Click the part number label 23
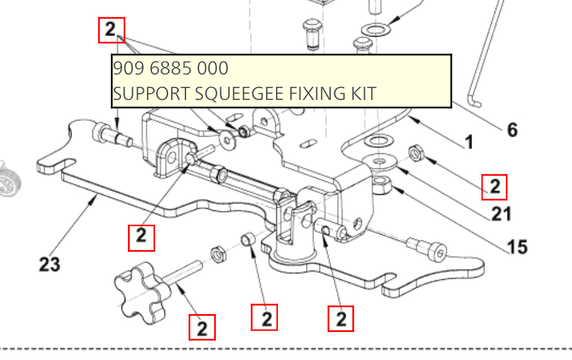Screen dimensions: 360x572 coord(50,264)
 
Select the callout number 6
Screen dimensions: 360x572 coord(512,130)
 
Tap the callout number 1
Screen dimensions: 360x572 coord(468,142)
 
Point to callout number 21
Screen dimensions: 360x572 coord(501,214)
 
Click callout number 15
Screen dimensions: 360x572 coord(517,246)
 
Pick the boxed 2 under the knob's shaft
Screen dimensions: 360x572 coord(202,327)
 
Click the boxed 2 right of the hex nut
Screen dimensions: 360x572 coord(494,187)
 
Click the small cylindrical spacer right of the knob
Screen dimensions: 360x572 coord(247,238)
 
